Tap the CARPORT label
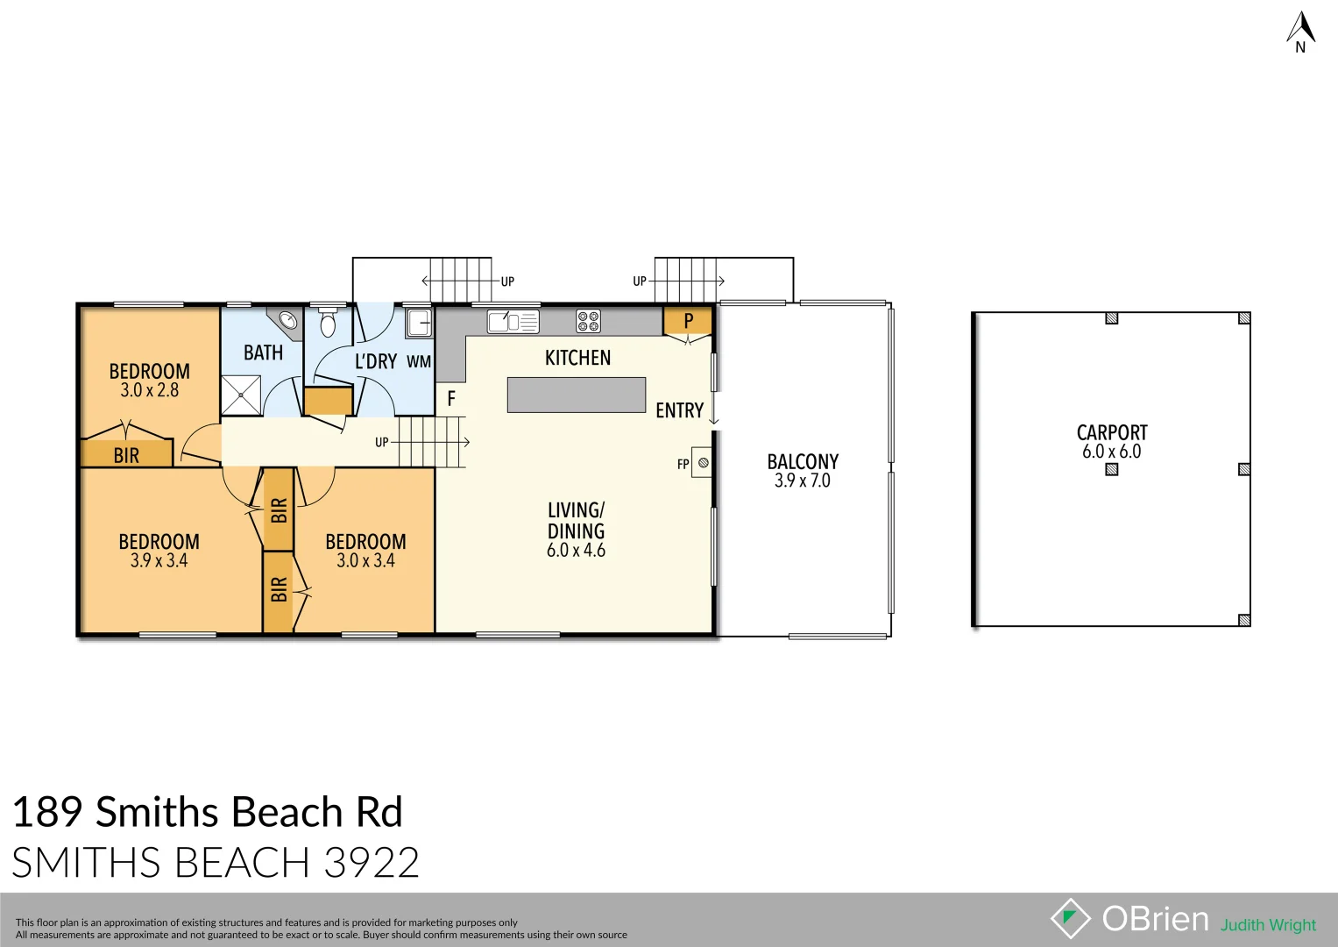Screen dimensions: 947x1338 click(x=1111, y=432)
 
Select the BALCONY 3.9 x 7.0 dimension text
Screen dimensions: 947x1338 click(x=802, y=481)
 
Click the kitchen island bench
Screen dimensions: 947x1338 click(x=576, y=395)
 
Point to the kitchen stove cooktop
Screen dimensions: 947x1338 click(x=588, y=322)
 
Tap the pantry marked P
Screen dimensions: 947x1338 click(x=688, y=322)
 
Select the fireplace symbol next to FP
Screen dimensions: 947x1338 click(x=703, y=463)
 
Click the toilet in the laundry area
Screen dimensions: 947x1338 click(x=328, y=324)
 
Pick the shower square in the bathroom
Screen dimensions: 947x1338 click(x=241, y=395)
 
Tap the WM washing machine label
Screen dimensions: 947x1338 click(x=419, y=361)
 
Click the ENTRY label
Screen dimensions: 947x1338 click(x=679, y=410)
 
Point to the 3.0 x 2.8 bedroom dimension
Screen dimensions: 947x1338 click(x=149, y=391)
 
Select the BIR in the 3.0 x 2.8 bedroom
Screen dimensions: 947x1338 click(x=126, y=455)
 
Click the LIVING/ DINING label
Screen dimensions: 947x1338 click(x=576, y=521)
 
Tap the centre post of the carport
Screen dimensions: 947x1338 click(x=1111, y=469)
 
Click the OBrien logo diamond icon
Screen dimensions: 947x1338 click(x=1070, y=918)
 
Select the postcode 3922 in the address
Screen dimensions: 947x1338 click(x=372, y=863)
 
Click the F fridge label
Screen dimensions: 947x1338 click(x=451, y=399)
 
